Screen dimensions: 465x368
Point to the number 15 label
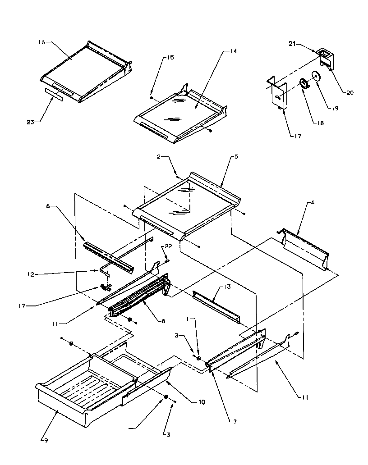157,58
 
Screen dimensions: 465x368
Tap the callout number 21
292,43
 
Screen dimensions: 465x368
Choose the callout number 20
350,93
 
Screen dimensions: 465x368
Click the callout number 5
236,157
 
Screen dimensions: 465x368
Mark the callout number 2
158,157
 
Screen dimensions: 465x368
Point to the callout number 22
168,246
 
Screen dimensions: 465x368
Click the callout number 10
201,402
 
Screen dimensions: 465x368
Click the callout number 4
313,202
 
